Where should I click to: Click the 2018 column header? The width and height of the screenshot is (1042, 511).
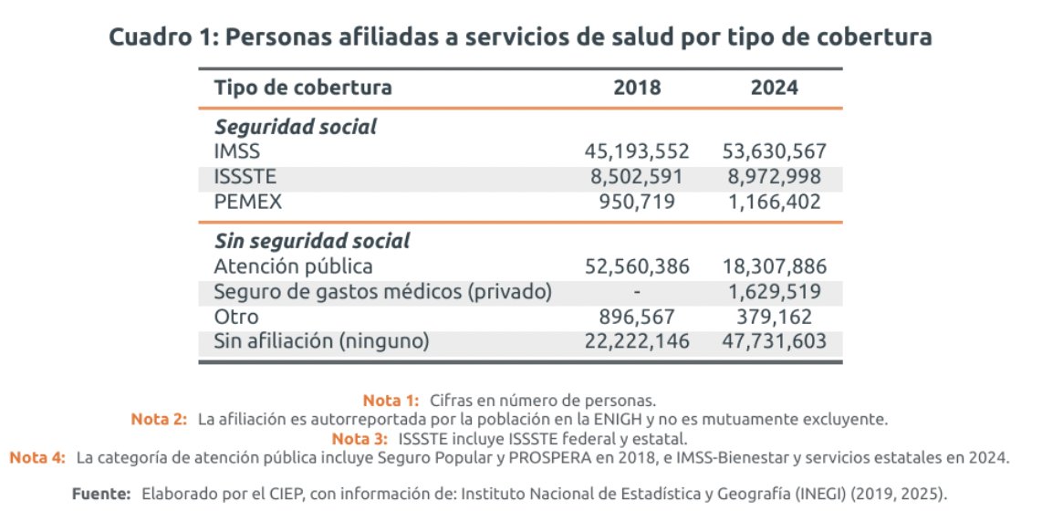pyautogui.click(x=638, y=89)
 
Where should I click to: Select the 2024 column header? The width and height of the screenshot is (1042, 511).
pyautogui.click(x=775, y=89)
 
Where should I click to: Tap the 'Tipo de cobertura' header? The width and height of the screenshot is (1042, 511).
pyautogui.click(x=303, y=89)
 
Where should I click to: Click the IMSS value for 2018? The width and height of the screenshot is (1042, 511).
pyautogui.click(x=638, y=152)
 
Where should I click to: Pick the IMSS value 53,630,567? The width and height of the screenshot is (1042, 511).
pyautogui.click(x=775, y=152)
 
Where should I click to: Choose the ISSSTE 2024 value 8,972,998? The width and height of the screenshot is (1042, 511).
pyautogui.click(x=775, y=177)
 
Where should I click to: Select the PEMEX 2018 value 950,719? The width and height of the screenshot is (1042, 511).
pyautogui.click(x=638, y=202)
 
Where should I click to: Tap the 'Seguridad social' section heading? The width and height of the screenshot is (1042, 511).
pyautogui.click(x=295, y=128)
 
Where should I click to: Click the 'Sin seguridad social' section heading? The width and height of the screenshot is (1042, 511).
pyautogui.click(x=311, y=242)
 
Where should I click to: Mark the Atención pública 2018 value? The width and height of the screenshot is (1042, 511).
pyautogui.click(x=638, y=267)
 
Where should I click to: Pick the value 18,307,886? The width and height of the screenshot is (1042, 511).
pyautogui.click(x=775, y=267)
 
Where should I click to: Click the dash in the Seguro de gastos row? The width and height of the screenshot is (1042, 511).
pyautogui.click(x=638, y=292)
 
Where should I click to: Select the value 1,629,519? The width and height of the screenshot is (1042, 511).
pyautogui.click(x=775, y=292)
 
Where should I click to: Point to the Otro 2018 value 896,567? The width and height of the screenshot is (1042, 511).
pyautogui.click(x=638, y=317)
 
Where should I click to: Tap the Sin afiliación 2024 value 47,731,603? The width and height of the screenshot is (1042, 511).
pyautogui.click(x=775, y=341)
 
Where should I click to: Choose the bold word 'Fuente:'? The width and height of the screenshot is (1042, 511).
pyautogui.click(x=102, y=494)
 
